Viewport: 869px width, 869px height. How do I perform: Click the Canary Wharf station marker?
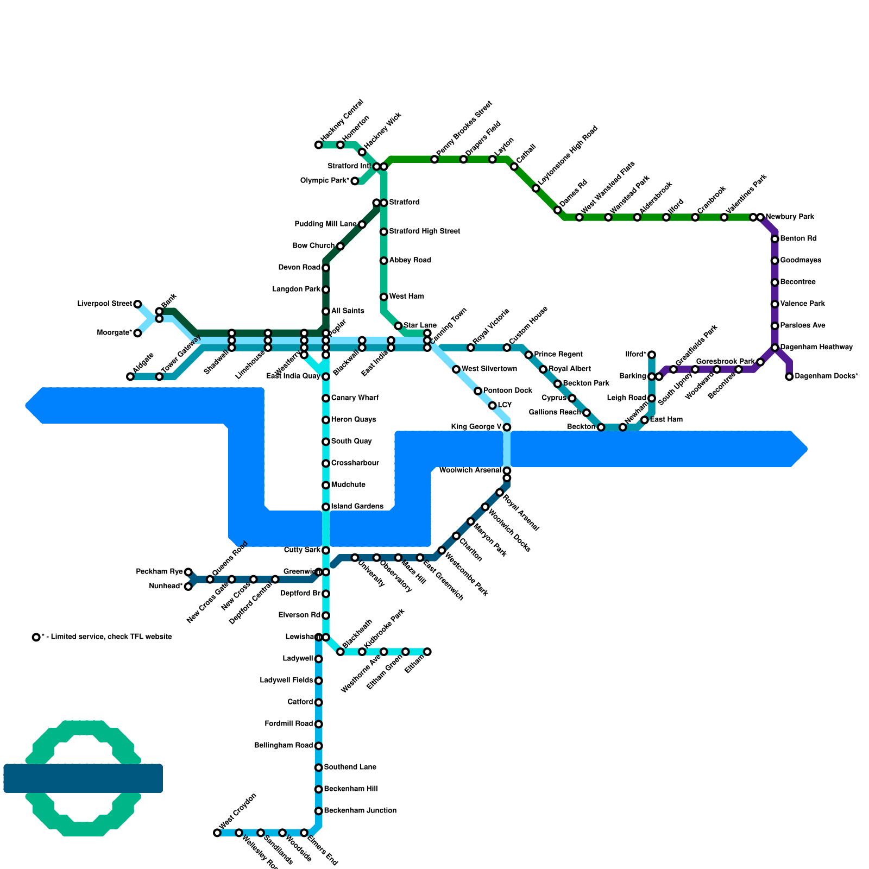coord(326,399)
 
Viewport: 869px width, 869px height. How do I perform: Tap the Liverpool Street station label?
coord(104,304)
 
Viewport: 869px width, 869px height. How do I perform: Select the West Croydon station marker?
coord(217,833)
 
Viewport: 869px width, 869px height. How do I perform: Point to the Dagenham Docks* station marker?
coord(789,377)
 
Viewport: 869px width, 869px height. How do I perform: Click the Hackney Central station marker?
coord(318,145)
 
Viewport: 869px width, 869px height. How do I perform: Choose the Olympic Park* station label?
coord(324,181)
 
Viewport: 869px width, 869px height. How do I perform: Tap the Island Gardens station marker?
coord(326,507)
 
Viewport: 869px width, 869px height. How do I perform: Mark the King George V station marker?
coord(507,427)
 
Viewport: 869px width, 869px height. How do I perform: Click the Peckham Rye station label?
coord(159,572)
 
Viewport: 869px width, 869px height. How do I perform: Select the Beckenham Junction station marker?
coord(319,811)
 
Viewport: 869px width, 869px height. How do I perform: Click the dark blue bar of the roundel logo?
coord(83,778)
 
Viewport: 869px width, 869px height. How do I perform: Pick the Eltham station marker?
coord(427,652)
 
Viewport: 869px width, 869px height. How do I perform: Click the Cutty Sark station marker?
coord(326,551)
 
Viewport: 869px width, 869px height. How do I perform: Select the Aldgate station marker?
coord(130,377)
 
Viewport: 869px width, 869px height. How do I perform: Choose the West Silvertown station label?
coord(489,369)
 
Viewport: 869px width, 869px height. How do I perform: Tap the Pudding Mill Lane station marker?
coord(362,224)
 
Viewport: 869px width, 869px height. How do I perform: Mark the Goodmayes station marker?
coord(775,261)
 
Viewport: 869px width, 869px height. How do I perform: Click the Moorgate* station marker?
coord(137,333)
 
